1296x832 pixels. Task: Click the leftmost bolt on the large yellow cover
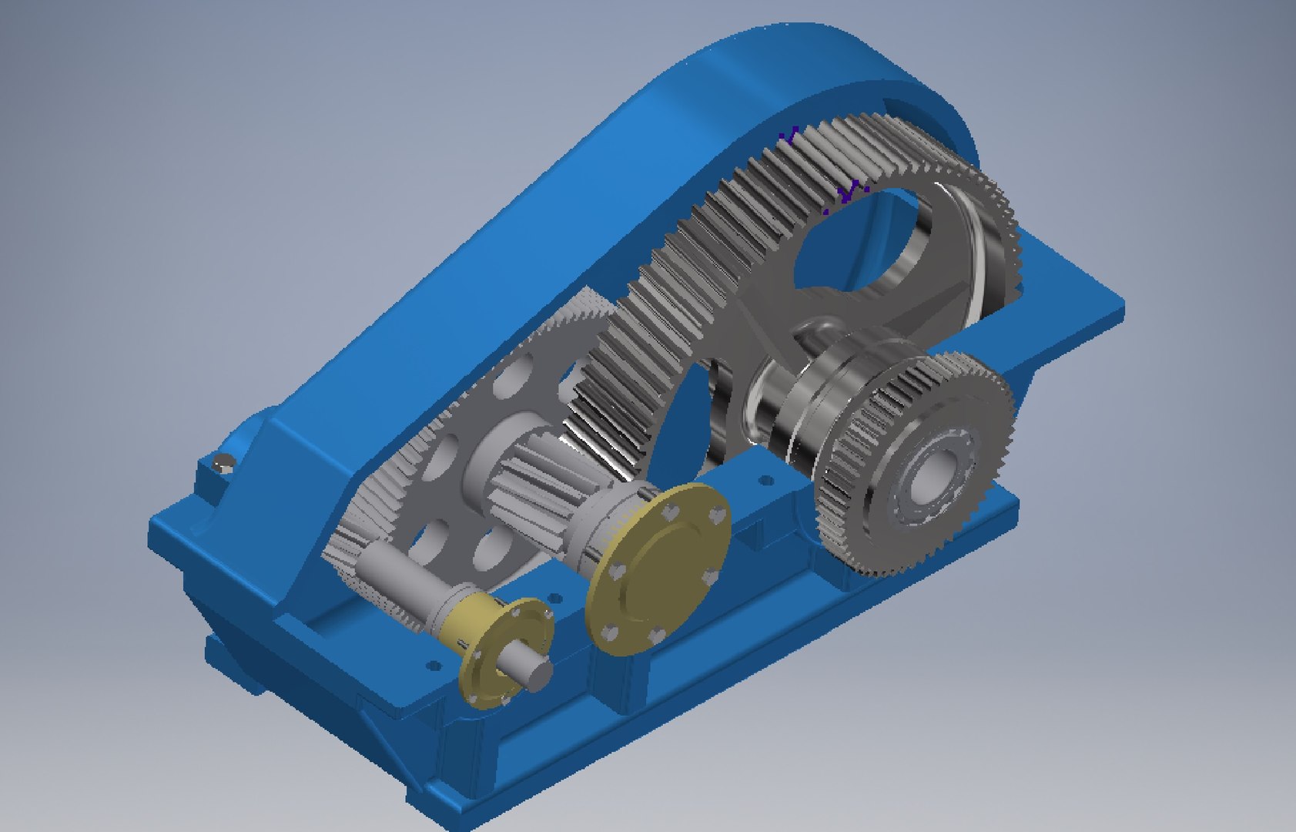615,572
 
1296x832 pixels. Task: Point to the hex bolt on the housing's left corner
224,464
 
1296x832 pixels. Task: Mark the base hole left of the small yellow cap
433,664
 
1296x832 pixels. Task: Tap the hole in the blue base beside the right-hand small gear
765,480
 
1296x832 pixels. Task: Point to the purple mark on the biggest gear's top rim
787,137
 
